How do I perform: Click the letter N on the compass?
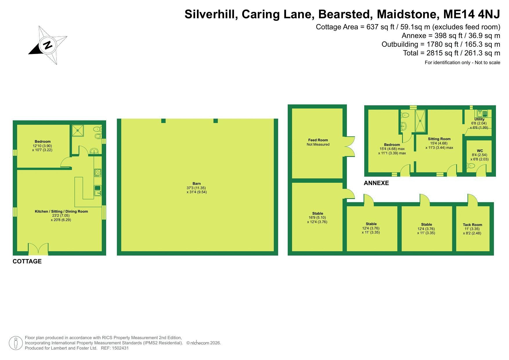48,45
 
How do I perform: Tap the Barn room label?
197,183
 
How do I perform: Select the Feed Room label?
318,140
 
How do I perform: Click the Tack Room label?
472,225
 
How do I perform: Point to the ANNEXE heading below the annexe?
376,183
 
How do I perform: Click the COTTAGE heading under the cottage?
27,261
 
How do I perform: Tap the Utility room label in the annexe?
479,119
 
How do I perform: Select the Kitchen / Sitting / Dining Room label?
61,211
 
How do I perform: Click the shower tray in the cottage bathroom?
78,131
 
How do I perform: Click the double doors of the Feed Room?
349,146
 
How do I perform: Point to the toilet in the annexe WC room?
470,166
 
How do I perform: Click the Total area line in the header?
452,53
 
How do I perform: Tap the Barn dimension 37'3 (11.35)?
196,188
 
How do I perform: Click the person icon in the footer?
16,343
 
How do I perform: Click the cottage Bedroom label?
43,142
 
